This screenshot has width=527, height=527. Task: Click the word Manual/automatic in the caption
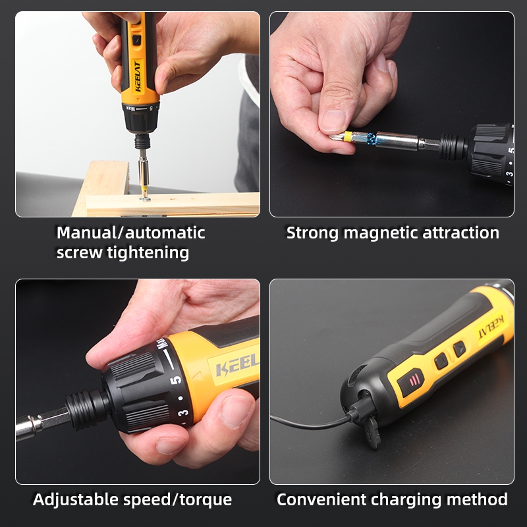tap(130, 233)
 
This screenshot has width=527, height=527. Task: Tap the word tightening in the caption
tap(148, 253)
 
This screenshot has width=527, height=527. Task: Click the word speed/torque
tap(177, 500)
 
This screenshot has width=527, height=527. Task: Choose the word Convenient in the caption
tap(321, 499)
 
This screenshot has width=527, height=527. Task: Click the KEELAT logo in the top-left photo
tap(138, 76)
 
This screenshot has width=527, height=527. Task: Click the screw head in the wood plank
tap(145, 200)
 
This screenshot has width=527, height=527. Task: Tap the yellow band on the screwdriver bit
tap(348, 137)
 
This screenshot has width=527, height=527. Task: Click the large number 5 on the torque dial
tap(176, 379)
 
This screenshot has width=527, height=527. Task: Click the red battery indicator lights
tap(413, 381)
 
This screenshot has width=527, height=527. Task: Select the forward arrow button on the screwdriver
tap(459, 349)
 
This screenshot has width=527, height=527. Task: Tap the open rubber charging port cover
tap(372, 432)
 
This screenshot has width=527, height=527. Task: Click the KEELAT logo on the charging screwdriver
tap(491, 327)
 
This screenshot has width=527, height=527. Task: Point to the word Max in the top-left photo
tap(130, 108)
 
